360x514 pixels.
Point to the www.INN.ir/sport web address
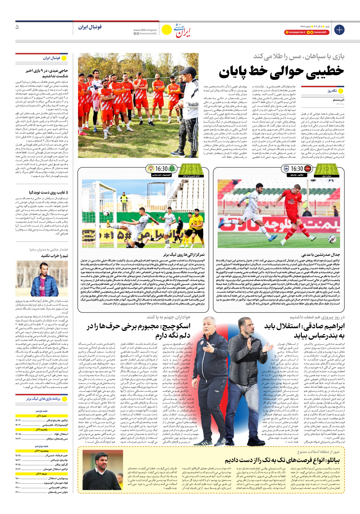(x=145, y=30)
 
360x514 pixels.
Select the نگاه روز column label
(x=332, y=91)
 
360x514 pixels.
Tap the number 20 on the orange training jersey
(x=117, y=111)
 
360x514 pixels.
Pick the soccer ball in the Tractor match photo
(x=332, y=239)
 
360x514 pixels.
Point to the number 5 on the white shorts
(x=245, y=219)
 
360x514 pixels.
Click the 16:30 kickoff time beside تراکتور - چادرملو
(x=296, y=169)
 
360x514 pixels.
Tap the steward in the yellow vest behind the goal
(x=124, y=199)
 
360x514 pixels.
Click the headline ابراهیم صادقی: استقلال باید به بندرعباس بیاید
(x=304, y=331)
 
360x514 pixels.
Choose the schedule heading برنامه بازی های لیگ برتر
(x=43, y=399)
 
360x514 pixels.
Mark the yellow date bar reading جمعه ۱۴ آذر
(x=41, y=474)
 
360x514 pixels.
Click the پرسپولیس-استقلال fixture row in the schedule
(x=41, y=478)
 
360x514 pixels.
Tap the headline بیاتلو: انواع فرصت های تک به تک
(x=282, y=460)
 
